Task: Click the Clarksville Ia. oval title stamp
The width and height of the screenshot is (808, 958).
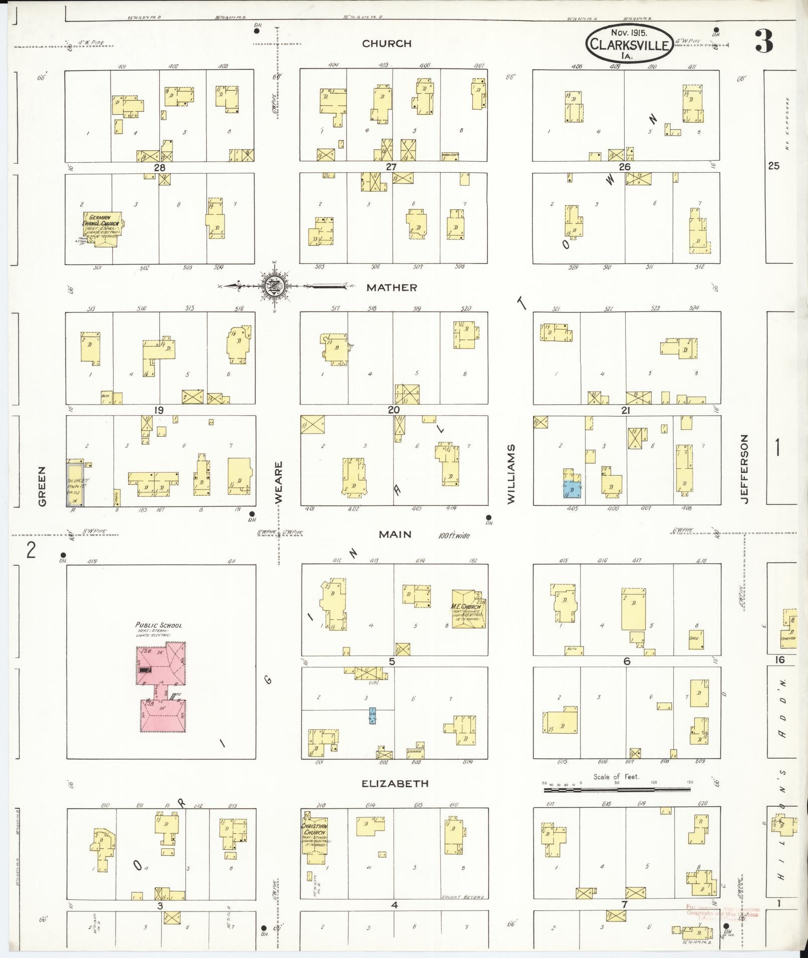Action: [x=629, y=44]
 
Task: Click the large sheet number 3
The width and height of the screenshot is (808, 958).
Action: [x=764, y=42]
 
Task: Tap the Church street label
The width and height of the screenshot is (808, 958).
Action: [x=387, y=44]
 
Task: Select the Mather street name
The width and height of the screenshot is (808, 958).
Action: [x=391, y=287]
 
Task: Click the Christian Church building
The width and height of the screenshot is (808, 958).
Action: [x=315, y=837]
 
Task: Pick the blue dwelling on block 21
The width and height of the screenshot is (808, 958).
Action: [x=572, y=488]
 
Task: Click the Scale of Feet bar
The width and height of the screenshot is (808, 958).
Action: [x=617, y=790]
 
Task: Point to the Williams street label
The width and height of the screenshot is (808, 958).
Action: [x=511, y=474]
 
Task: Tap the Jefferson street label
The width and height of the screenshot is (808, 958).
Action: [x=744, y=469]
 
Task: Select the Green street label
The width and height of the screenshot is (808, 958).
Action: [x=42, y=486]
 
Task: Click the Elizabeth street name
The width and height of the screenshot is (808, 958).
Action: [x=395, y=783]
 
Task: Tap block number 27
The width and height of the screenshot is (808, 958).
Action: [x=391, y=167]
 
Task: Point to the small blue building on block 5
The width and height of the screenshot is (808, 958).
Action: [x=372, y=716]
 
